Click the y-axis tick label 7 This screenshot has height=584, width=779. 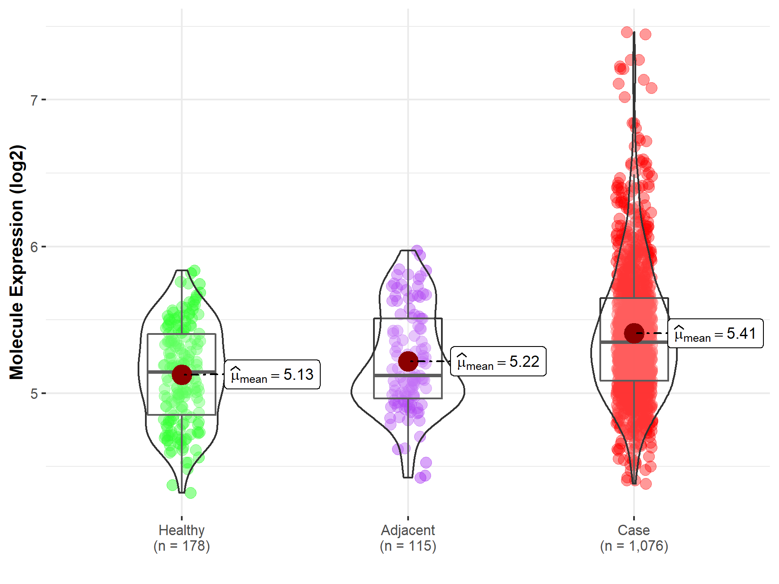[34, 100]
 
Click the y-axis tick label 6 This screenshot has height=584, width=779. [34, 247]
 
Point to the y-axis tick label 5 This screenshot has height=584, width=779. [34, 394]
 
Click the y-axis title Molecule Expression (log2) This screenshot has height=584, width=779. [16, 262]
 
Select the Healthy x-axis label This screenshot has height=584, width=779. [181, 530]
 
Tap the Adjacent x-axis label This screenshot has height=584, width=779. [408, 530]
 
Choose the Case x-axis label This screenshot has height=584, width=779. [634, 530]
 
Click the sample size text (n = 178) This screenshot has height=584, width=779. [181, 546]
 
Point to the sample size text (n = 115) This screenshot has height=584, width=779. [408, 546]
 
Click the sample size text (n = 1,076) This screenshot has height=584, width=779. [634, 546]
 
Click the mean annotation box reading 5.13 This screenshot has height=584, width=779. [272, 375]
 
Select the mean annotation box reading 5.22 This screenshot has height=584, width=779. [498, 361]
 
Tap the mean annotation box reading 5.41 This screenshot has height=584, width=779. [715, 334]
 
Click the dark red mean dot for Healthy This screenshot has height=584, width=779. [182, 375]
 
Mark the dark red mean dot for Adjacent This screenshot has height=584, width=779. [408, 361]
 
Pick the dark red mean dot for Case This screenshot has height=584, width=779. [634, 333]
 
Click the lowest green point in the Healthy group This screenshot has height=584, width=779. [190, 493]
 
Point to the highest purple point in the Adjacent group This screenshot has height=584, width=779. [417, 250]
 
